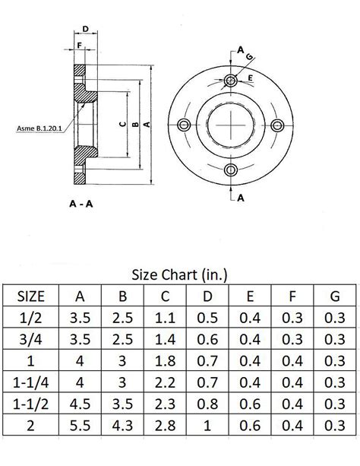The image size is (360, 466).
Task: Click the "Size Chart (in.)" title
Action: point(180,273)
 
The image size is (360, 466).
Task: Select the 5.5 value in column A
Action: point(79,424)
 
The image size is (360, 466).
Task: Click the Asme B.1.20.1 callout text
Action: point(39,128)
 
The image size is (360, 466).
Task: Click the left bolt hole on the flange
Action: point(182,125)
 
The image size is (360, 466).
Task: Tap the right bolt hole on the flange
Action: point(280,125)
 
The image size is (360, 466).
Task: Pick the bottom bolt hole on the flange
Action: point(232,170)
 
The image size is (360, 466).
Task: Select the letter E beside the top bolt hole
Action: point(251,78)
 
